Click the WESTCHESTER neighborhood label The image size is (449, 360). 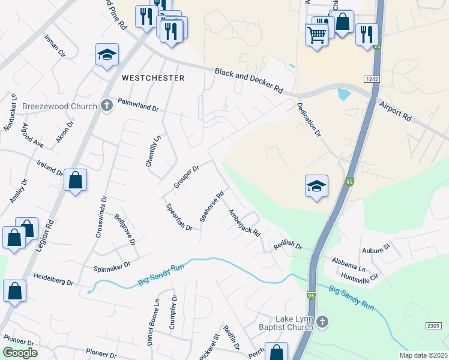pyautogui.click(x=153, y=78)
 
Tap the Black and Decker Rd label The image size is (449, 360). pyautogui.click(x=249, y=79)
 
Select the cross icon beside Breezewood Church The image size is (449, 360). pyautogui.click(x=107, y=106)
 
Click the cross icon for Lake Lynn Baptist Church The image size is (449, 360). pyautogui.click(x=322, y=323)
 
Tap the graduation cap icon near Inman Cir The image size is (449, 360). pyautogui.click(x=107, y=55)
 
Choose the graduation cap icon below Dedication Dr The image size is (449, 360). pyautogui.click(x=316, y=187)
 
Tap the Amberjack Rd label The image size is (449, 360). pyautogui.click(x=244, y=222)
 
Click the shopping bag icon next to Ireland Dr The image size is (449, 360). pyautogui.click(x=76, y=180)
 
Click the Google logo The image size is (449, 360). pyautogui.click(x=20, y=353)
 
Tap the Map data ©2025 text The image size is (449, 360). pyautogui.click(x=423, y=355)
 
